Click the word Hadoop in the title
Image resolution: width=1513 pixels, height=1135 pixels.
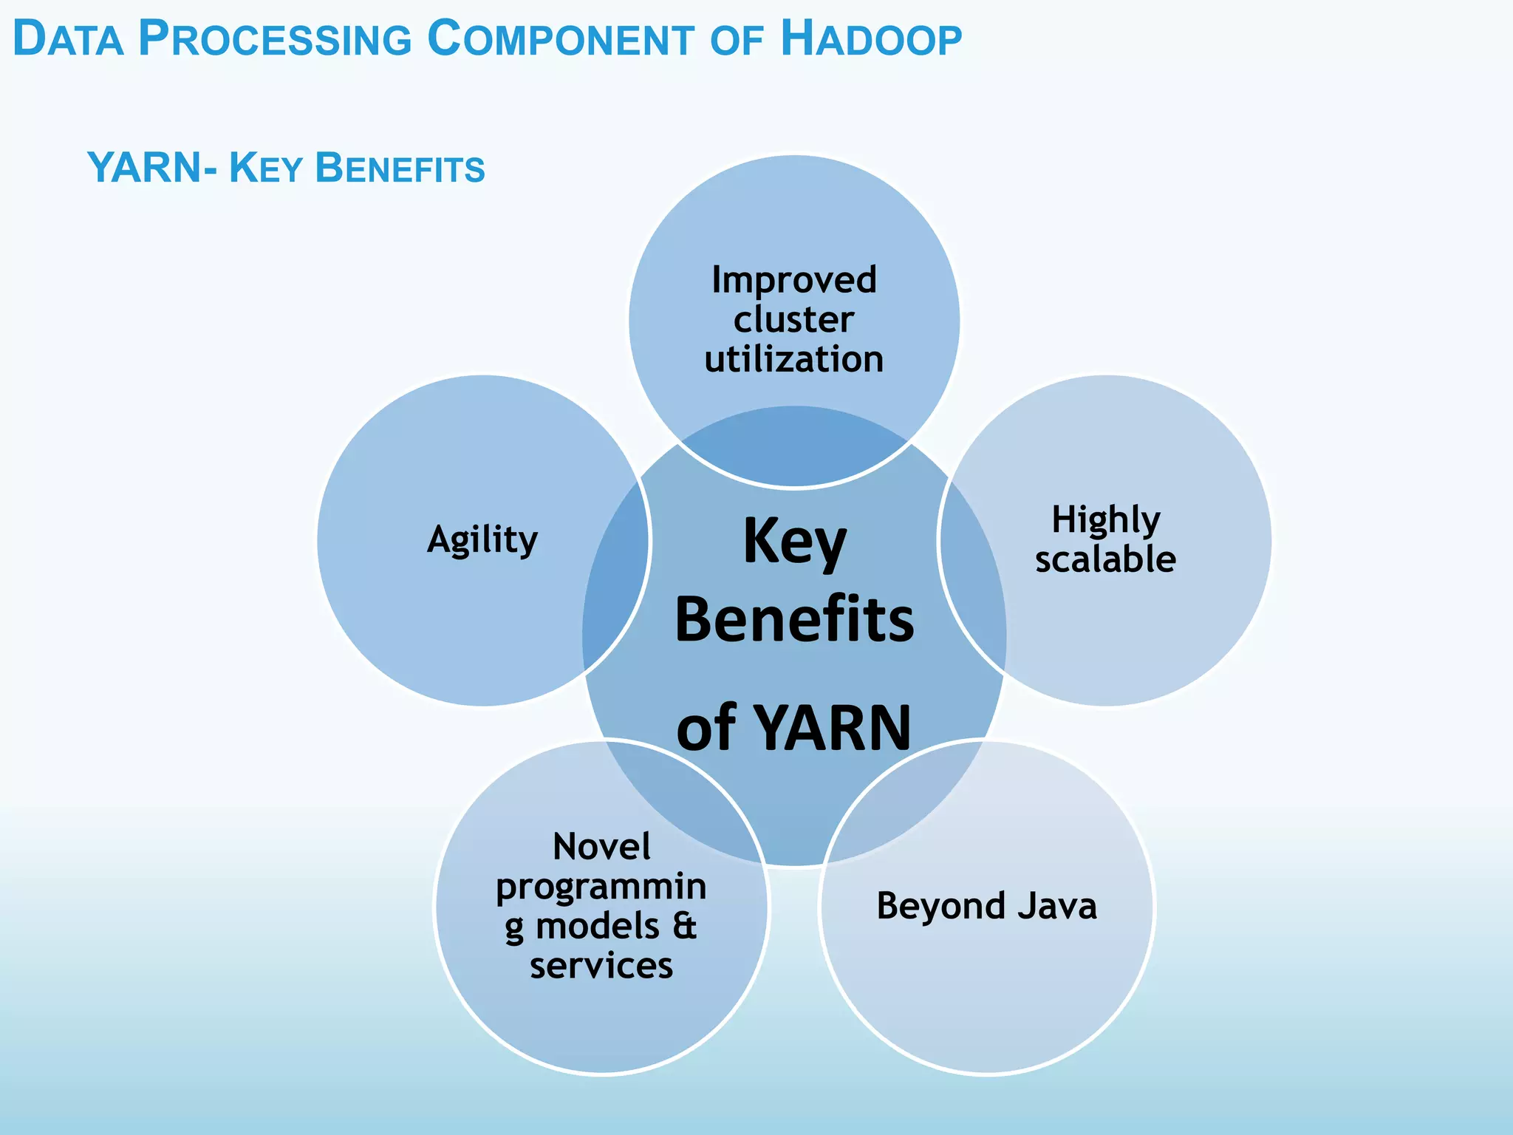coord(871,39)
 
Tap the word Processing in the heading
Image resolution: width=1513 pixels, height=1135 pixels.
coord(274,39)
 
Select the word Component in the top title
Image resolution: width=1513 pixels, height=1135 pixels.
coord(561,39)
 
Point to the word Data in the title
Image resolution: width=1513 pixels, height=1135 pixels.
coord(68,39)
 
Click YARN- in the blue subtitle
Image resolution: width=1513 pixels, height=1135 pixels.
coord(152,168)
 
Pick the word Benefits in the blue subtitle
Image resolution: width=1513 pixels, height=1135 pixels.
coord(400,168)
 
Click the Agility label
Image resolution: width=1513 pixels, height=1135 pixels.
coord(482,540)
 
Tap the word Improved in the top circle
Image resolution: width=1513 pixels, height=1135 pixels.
coord(794,281)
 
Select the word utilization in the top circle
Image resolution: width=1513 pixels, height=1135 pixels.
coord(794,360)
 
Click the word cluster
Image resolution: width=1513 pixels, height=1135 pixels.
coord(794,320)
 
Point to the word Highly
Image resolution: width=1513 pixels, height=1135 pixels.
coord(1106,520)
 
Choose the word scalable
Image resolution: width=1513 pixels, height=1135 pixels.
coord(1105,560)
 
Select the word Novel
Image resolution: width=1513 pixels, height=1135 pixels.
coord(601,847)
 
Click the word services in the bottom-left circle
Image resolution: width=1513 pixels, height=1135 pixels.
coord(601,967)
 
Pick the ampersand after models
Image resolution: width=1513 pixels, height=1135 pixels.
coord(685,927)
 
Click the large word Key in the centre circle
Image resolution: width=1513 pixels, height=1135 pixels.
coord(794,542)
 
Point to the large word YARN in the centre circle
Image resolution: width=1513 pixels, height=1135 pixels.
coord(834,729)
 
